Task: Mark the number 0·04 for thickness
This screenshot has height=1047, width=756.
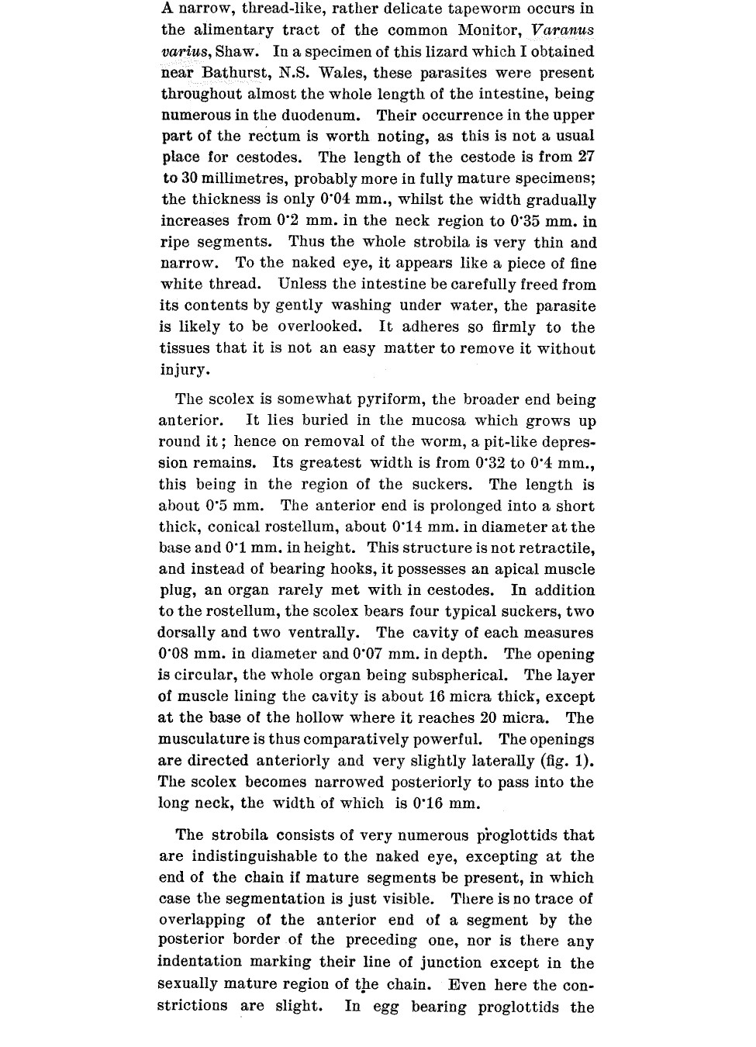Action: click(x=340, y=200)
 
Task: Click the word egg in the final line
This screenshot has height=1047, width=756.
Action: click(x=385, y=1007)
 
